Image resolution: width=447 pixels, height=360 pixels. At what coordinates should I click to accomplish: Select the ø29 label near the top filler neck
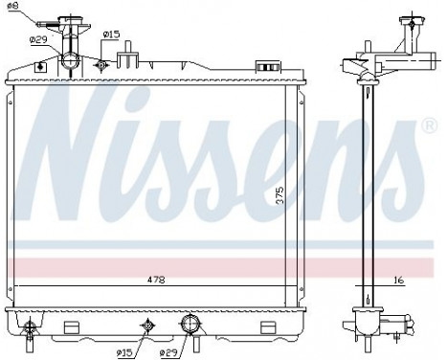coord(39,39)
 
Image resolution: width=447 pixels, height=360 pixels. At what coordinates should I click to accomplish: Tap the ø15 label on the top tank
coord(111,34)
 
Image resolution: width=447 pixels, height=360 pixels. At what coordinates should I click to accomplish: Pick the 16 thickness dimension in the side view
coord(399,280)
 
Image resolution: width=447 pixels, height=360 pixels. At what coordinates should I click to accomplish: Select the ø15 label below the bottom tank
coord(124,351)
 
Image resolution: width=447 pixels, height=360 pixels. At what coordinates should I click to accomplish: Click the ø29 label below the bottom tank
coord(164,351)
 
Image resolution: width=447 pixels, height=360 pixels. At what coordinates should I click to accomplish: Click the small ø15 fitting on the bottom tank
coord(147,326)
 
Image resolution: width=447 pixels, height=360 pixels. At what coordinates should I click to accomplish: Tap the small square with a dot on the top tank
coord(39,67)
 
